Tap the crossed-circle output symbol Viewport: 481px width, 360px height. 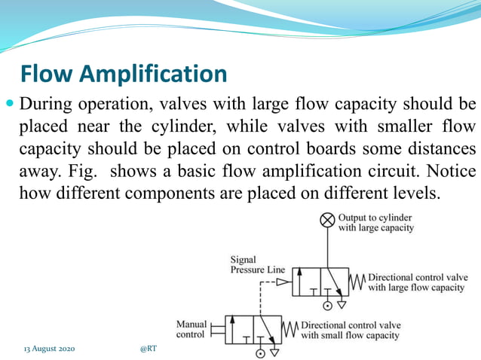click(327, 220)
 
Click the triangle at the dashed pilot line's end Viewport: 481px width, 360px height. click(283, 282)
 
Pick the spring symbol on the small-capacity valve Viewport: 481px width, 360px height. click(289, 330)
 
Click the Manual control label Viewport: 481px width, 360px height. click(191, 329)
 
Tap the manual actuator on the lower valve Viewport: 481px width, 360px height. click(218, 330)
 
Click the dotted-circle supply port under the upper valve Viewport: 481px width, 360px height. click(327, 305)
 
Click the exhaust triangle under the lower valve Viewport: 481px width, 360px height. click(275, 352)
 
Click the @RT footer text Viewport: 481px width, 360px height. click(149, 349)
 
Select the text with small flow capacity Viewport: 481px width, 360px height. click(351, 335)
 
